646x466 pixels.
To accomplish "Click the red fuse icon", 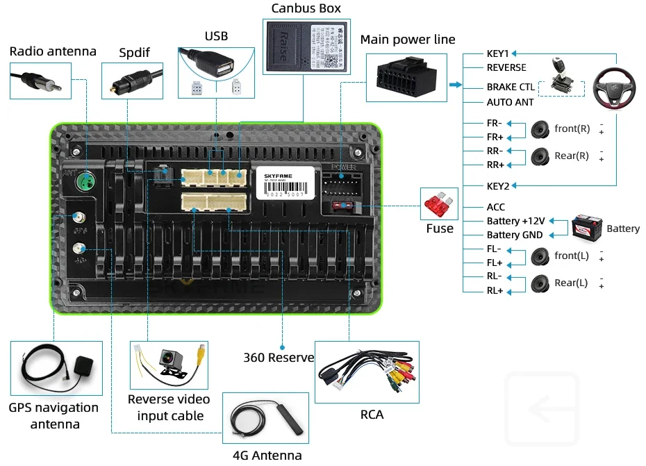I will pos(439,205).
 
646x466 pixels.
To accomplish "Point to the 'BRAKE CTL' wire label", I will pos(511,88).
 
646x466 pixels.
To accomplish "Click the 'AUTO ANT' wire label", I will pos(510,102).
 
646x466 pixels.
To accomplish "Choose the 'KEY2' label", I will pos(498,186).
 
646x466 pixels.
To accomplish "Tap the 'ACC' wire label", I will pos(496,207).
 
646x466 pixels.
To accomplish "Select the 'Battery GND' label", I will pos(515,235).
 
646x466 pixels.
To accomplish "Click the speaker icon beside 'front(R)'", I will pos(540,130).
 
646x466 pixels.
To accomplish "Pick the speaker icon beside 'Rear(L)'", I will pos(540,283).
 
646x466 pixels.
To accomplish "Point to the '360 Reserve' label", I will pos(279,358).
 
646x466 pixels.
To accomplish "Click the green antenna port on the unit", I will pos(87,183).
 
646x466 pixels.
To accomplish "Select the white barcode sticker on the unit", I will pos(283,183).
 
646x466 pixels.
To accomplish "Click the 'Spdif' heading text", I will pos(133,51).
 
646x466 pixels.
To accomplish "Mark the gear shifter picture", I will pos(563,76).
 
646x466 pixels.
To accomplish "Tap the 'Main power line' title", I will pos(408,40).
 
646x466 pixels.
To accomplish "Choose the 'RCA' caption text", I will pos(372,415).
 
